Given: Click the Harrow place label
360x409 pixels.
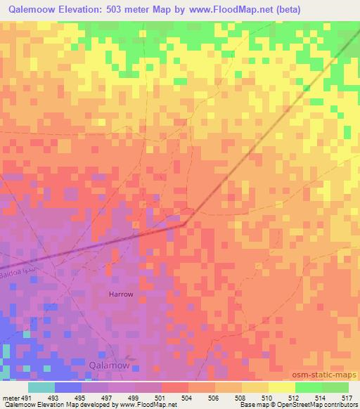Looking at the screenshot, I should point(120,294).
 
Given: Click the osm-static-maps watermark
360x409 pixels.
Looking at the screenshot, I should point(330,375).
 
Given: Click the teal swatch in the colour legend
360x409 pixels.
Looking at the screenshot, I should point(41,387).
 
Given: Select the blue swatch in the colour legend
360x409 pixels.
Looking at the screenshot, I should point(68,387).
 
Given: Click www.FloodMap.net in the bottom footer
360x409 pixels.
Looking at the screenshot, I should point(147,404).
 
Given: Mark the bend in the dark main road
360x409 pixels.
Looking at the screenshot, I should point(185,224).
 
